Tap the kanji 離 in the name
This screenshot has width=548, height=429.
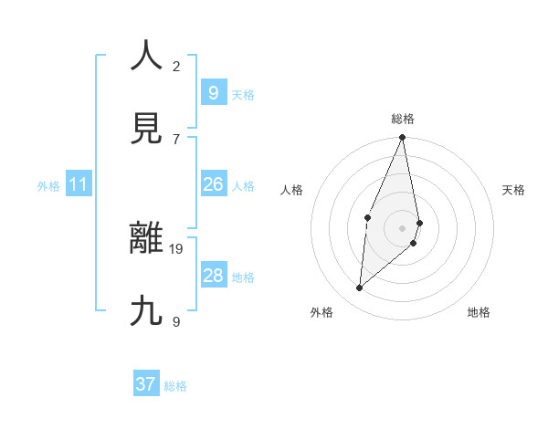(x=146, y=238)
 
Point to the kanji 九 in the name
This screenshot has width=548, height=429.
(x=146, y=311)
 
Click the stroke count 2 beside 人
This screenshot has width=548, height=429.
(x=176, y=66)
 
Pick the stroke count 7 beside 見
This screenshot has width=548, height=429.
(x=176, y=139)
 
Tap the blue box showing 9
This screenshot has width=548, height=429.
(x=213, y=92)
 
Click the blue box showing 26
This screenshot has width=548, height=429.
(x=213, y=184)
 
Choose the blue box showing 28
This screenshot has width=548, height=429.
(x=213, y=276)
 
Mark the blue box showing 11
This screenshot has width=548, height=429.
(x=79, y=184)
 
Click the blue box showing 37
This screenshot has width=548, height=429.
(x=146, y=384)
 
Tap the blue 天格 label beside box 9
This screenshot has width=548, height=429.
(x=242, y=95)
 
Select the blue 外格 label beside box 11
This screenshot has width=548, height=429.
(x=48, y=186)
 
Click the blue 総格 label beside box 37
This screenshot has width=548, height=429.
(x=175, y=386)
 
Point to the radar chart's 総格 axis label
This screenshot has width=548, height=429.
(x=403, y=119)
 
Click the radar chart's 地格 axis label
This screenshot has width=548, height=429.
(x=479, y=312)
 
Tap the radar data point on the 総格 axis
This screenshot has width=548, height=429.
(x=402, y=138)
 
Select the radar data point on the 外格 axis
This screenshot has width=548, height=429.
(x=360, y=288)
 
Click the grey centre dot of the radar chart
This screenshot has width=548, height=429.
(x=402, y=227)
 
